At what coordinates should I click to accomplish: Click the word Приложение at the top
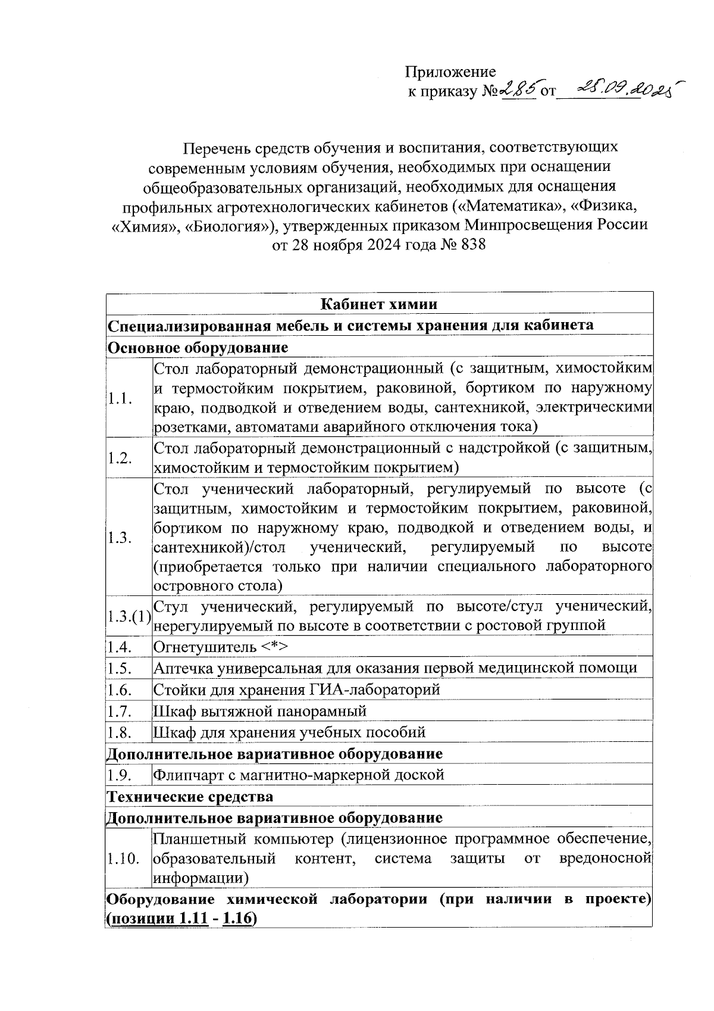point(450,72)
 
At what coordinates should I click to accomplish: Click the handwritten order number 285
point(517,90)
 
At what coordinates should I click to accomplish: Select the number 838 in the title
point(473,245)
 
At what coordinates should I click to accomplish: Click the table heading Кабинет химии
point(379,304)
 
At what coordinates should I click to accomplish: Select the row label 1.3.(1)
point(129,616)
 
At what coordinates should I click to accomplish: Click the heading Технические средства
point(190,797)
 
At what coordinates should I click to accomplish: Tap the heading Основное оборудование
point(197,347)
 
